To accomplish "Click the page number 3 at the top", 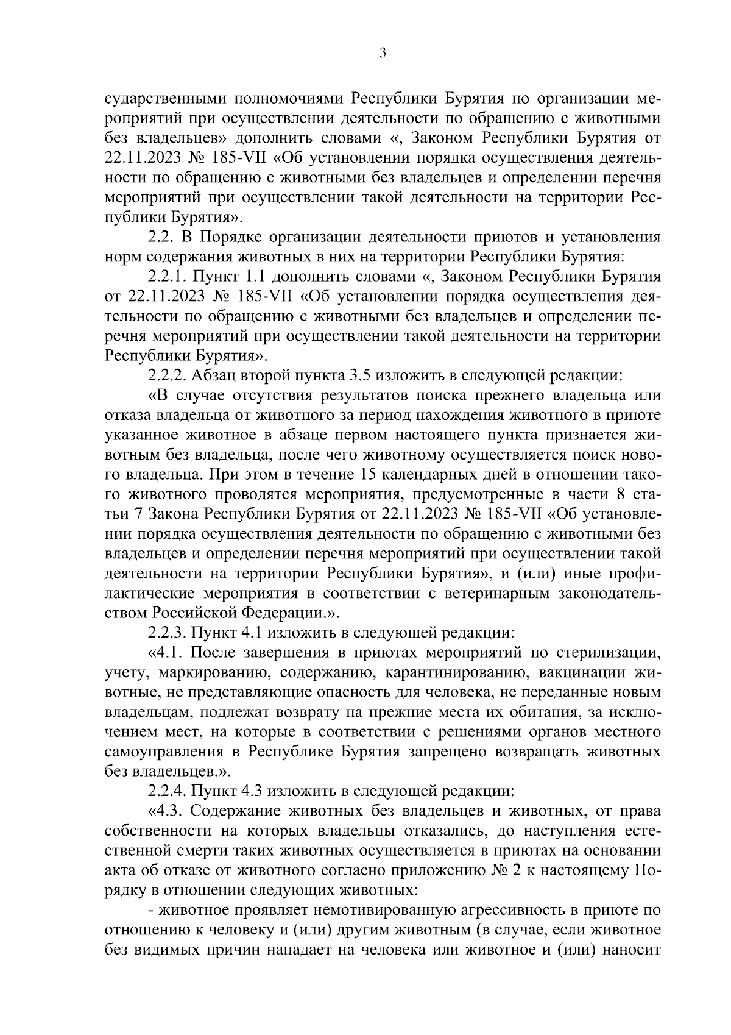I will point(383,53).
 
